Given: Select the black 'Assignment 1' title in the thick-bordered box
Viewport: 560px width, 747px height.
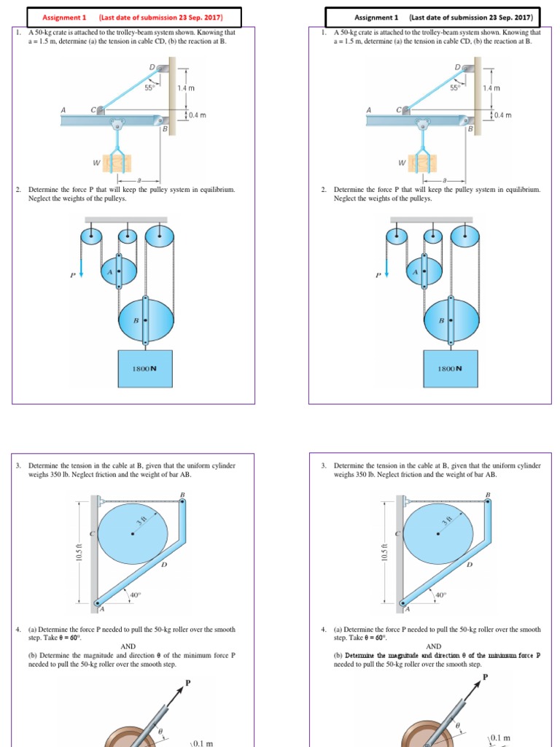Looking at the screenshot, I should coord(376,17).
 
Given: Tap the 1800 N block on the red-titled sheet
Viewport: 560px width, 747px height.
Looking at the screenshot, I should coord(144,368).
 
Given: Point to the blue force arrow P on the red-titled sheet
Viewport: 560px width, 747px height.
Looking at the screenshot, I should coord(81,271).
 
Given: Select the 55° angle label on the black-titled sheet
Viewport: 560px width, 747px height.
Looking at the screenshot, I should coord(455,88).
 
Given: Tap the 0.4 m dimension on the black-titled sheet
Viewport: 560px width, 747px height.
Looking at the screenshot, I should coord(503,115).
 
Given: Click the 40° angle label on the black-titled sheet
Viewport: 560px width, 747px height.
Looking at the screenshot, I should coord(440,595).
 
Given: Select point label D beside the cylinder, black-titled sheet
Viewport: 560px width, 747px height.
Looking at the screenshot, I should coord(470,564).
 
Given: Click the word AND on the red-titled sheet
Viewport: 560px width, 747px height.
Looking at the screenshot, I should coord(128,646).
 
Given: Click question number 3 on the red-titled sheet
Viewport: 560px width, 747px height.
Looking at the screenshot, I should coord(18,465).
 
